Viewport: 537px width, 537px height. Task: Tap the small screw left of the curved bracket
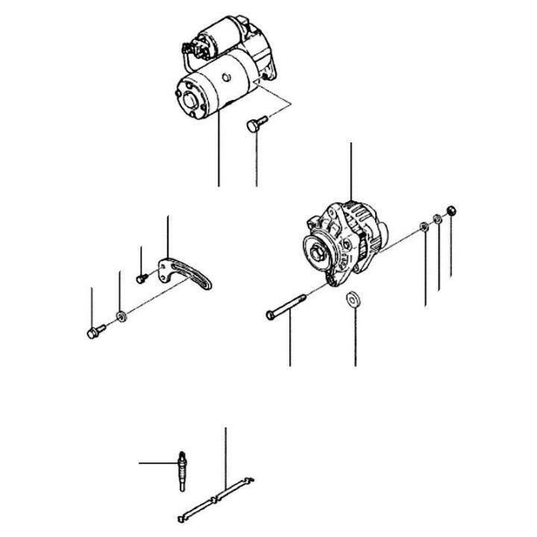[140, 277]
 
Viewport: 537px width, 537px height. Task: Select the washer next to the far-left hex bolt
[121, 318]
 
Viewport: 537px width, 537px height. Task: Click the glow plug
[180, 470]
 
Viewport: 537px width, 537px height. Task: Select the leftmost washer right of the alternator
[424, 226]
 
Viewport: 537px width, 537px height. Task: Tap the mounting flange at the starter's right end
[264, 60]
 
